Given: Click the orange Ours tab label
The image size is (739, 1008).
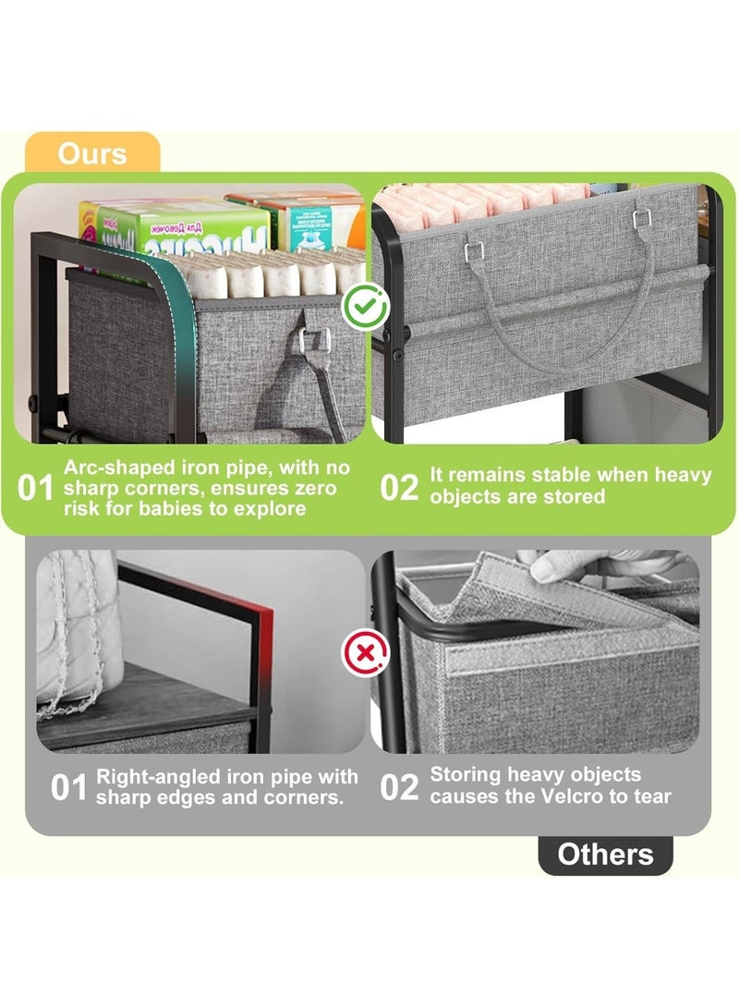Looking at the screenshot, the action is pos(91,153).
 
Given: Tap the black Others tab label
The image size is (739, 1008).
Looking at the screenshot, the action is pos(605,855).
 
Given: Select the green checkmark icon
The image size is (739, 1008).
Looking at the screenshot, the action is pos(365,307).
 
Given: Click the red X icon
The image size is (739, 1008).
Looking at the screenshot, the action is pos(365,653).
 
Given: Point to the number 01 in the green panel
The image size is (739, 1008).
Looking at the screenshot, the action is pos(35,489).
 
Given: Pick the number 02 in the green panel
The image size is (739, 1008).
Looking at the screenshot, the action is pos(398,488).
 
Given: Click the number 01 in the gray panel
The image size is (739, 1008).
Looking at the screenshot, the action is pos(68,788).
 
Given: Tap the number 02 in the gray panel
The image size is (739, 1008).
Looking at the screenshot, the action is pos(398,787).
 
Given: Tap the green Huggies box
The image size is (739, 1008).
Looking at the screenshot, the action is pos(175,228).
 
